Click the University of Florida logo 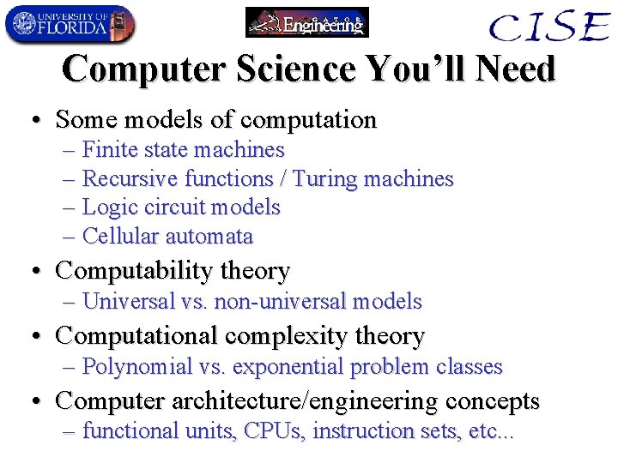[70, 24]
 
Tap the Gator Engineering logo [306, 22]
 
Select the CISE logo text [548, 27]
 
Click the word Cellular [121, 237]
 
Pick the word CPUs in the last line [275, 431]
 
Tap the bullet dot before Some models [38, 121]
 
